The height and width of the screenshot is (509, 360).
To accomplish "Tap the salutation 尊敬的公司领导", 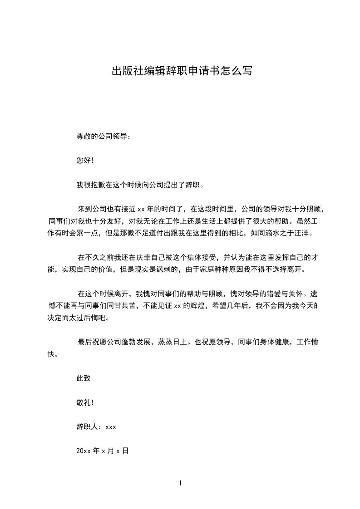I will [x=103, y=136].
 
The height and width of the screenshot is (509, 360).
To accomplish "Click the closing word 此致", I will [x=83, y=378].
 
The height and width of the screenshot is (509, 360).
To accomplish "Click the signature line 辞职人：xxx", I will [x=97, y=426].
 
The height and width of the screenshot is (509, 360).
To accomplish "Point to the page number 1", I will [x=180, y=483].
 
